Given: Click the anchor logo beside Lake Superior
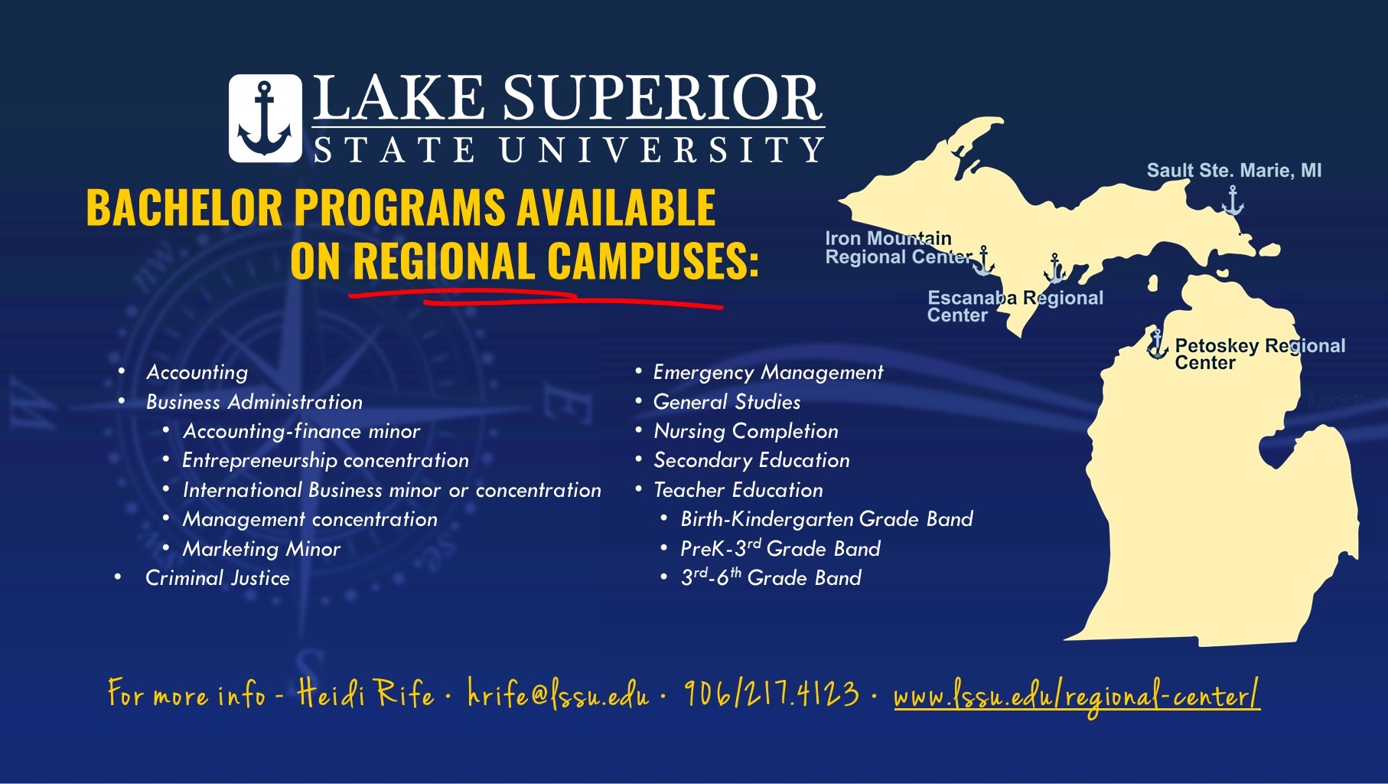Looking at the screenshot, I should [265, 119].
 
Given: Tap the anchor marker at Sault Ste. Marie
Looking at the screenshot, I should [1232, 201].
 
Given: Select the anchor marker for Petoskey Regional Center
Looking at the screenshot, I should [1156, 345].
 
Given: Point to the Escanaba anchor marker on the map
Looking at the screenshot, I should [1055, 269].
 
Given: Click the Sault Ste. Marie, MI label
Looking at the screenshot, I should [1233, 171].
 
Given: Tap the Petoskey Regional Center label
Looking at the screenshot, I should [1259, 354].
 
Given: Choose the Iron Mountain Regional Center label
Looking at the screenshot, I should [892, 248].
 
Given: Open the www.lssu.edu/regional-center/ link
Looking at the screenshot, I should [1076, 697].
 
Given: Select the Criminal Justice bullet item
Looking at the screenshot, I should [217, 578].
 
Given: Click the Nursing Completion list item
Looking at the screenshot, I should [745, 431].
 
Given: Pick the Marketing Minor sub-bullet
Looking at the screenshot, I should [261, 549].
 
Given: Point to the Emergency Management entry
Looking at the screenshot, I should [767, 372].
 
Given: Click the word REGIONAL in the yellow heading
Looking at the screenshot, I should [443, 262].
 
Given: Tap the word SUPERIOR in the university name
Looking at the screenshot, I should [662, 99].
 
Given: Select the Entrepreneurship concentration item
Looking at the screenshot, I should [325, 460].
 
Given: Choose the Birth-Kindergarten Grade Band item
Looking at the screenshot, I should [826, 519].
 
